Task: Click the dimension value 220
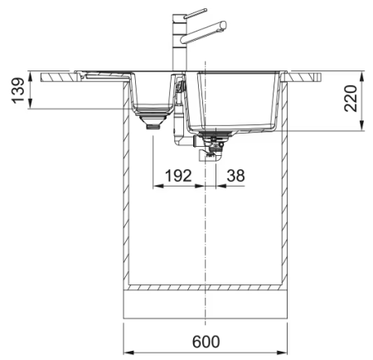click(x=353, y=104)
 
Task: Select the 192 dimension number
click(x=178, y=176)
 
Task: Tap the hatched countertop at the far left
click(x=58, y=77)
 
